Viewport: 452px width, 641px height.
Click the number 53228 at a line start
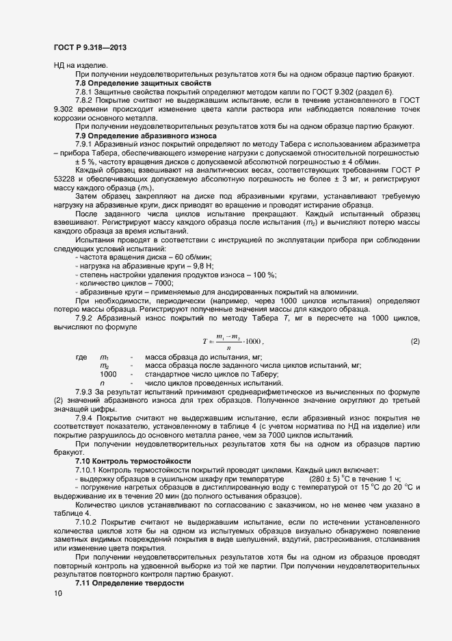pyautogui.click(x=66, y=179)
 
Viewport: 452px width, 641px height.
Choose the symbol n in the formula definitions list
pyautogui.click(x=102, y=383)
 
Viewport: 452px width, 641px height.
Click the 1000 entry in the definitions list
pyautogui.click(x=108, y=374)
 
